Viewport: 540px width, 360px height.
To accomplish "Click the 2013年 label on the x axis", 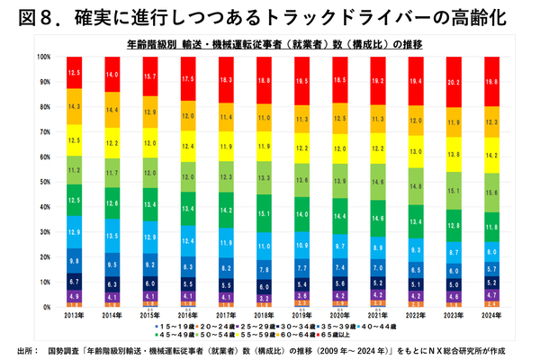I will coord(75,313).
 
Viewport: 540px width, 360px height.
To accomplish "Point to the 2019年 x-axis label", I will coord(302,313).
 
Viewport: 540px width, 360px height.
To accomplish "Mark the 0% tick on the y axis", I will coord(48,307).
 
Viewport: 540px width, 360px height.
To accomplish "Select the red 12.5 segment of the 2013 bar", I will coord(75,72).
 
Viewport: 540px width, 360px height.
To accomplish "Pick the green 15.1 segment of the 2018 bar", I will coord(265,213).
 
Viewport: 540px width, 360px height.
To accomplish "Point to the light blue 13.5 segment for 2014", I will coord(112,236).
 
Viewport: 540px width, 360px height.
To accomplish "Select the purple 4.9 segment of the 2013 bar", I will coord(75,295).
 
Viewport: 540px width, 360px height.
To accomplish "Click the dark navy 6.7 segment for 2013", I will coord(75,282).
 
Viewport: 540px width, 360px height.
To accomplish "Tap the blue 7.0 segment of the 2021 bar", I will coord(379,268).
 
